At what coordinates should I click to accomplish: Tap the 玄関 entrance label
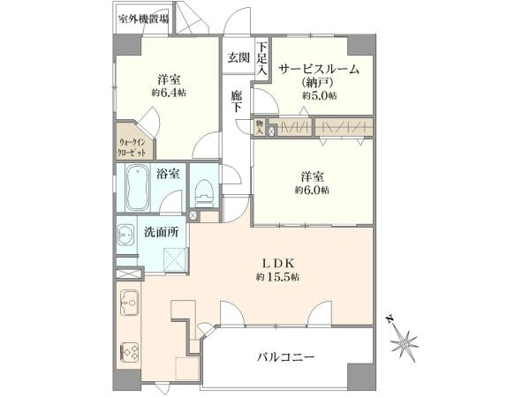pyautogui.click(x=238, y=58)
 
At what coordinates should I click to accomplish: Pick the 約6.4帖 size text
pyautogui.click(x=167, y=92)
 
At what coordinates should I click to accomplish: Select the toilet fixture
pyautogui.click(x=201, y=187)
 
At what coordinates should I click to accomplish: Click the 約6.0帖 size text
pyautogui.click(x=313, y=190)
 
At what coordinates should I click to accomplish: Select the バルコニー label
pyautogui.click(x=287, y=357)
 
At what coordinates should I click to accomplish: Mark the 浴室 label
pyautogui.click(x=168, y=174)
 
